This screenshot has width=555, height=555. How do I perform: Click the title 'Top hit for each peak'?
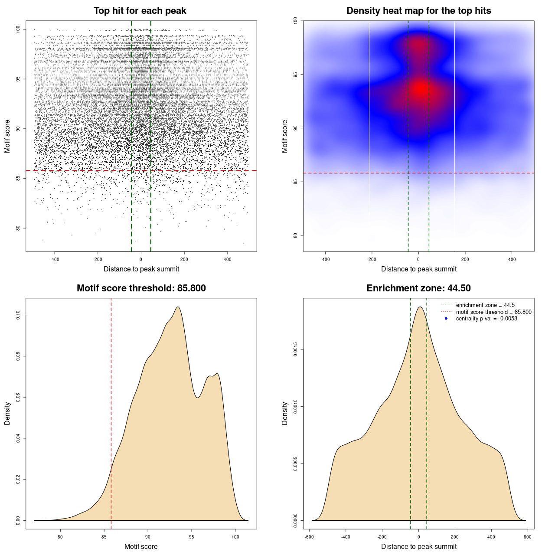click(140, 11)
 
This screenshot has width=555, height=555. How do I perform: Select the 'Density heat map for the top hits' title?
click(418, 11)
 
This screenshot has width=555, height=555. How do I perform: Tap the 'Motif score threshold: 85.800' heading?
click(141, 288)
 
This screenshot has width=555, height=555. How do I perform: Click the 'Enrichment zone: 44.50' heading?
click(418, 288)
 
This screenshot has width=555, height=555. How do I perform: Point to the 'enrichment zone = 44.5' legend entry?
click(485, 305)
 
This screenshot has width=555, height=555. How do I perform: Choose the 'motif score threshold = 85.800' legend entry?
click(493, 312)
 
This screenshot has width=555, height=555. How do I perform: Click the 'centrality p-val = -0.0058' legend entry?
click(486, 319)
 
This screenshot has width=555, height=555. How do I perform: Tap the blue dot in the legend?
click(446, 319)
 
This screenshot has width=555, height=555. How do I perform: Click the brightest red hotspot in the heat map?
click(420, 89)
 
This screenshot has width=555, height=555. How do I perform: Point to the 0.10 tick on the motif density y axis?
click(18, 315)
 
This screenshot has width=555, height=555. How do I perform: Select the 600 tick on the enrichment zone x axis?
click(527, 537)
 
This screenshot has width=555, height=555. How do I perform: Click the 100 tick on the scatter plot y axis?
click(18, 29)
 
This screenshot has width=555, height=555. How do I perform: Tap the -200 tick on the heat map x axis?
click(372, 259)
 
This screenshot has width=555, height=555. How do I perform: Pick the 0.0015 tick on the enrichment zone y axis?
click(296, 349)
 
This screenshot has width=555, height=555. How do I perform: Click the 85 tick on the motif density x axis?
click(104, 537)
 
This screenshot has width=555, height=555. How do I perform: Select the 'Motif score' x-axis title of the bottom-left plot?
click(141, 546)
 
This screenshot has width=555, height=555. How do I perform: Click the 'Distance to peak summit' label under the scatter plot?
click(141, 269)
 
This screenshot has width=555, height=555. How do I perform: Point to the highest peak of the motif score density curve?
click(178, 307)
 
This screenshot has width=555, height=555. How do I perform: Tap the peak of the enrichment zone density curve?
click(419, 307)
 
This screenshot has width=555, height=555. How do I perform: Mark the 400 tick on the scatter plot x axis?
click(228, 259)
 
